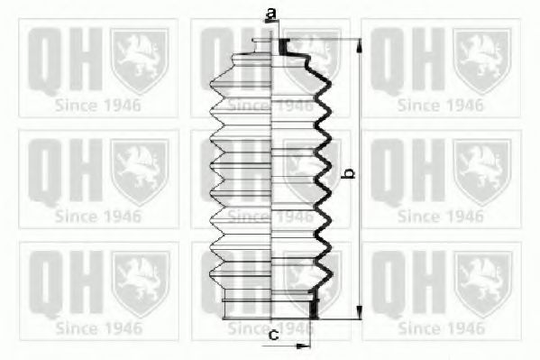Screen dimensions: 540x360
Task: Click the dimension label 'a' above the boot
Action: (x=271, y=14)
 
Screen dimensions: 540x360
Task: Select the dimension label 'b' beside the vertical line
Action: (x=350, y=173)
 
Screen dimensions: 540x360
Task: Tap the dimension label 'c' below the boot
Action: (x=273, y=334)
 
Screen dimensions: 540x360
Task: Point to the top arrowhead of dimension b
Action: (x=359, y=45)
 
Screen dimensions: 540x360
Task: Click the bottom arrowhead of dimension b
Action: (x=359, y=312)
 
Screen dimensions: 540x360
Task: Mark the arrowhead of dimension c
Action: (x=304, y=346)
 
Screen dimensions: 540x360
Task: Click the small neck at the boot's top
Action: (x=261, y=45)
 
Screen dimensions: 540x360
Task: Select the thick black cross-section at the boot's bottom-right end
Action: (x=313, y=305)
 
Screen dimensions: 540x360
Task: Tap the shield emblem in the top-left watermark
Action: (x=140, y=60)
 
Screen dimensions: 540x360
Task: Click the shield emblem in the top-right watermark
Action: (x=481, y=60)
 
